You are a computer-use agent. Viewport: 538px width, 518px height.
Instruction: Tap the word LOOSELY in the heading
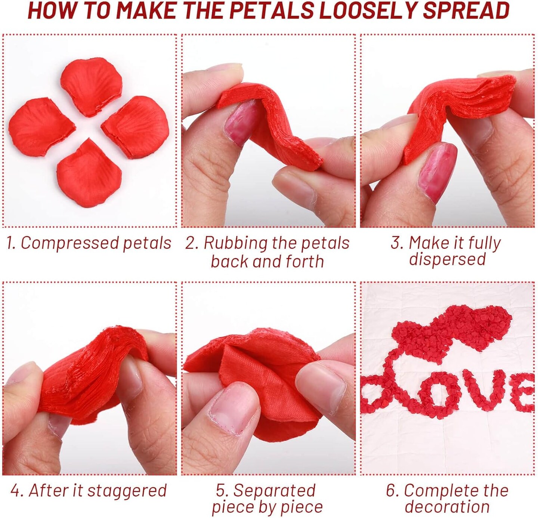point(370,10)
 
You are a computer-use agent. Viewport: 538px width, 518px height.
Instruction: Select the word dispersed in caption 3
point(447,259)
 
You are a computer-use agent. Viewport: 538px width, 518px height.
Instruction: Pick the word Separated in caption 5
point(274,491)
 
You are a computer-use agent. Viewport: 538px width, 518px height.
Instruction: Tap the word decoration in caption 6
point(447,507)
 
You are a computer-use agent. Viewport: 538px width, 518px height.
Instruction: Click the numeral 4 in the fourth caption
point(15,491)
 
